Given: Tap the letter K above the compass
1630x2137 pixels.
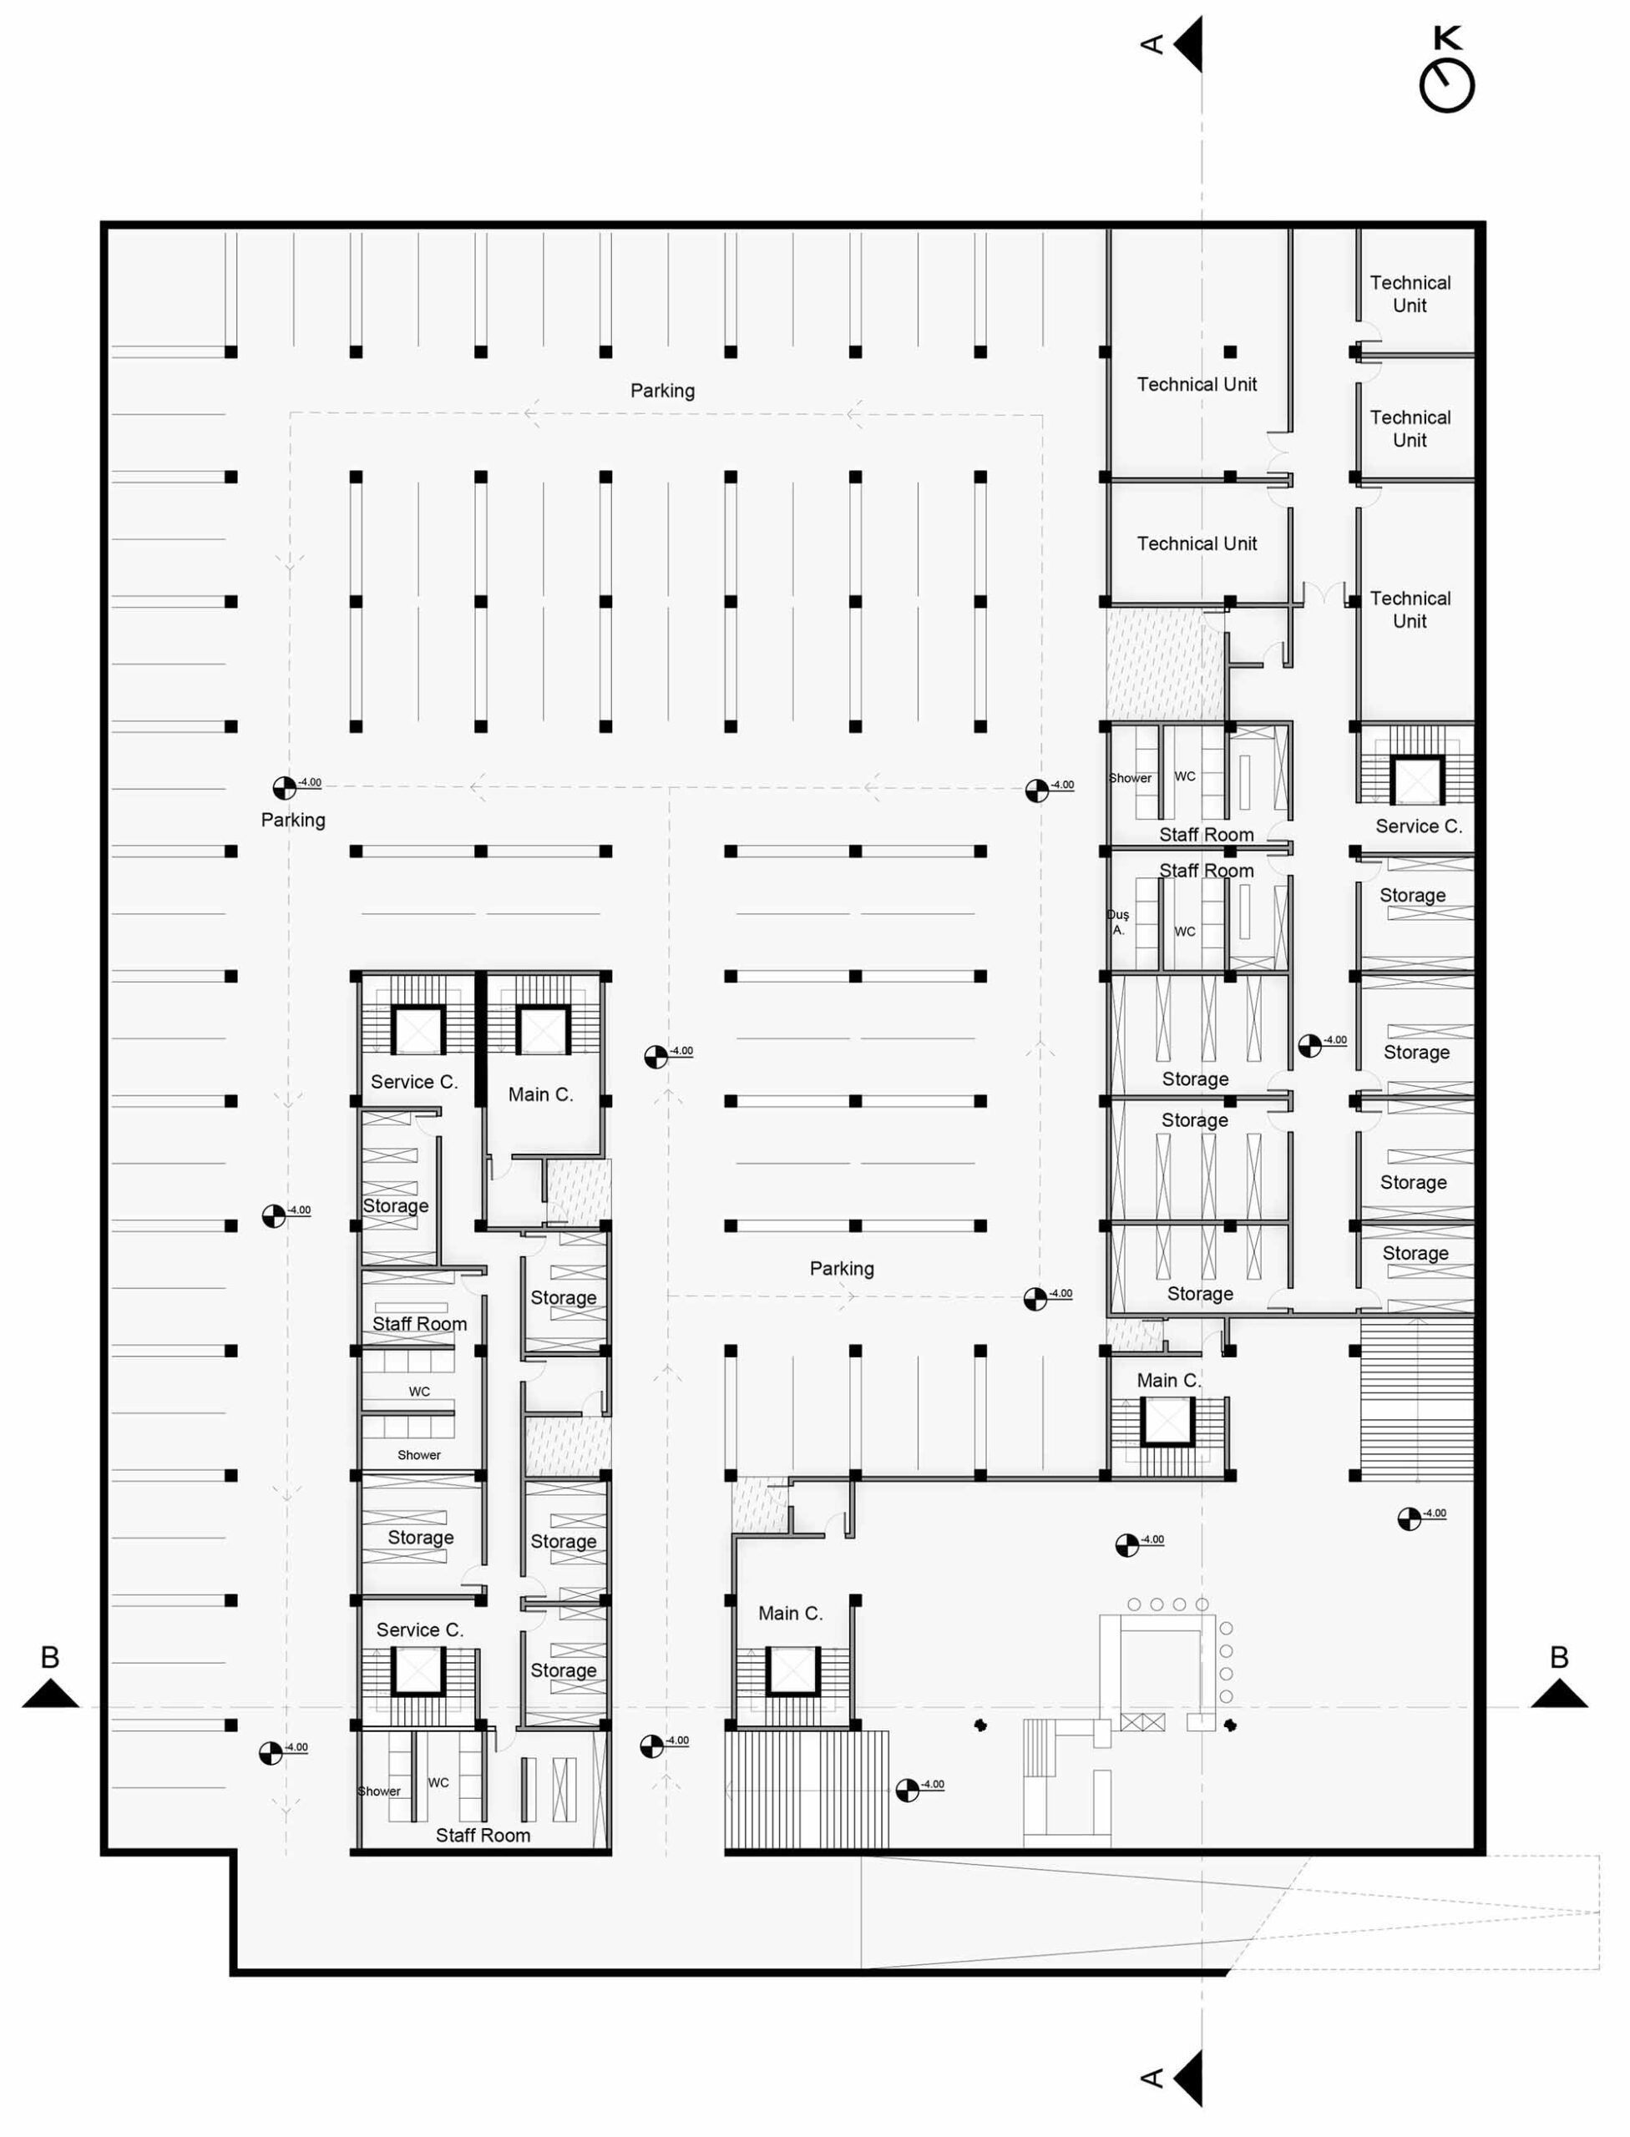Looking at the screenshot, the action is coord(1448,38).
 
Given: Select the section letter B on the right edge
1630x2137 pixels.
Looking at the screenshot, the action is coord(1558,1657).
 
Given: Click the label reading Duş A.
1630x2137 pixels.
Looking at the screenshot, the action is coord(1118,922).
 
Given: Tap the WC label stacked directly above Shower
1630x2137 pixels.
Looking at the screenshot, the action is coord(419,1391).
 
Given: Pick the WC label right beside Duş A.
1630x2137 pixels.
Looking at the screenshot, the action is coord(1185,932).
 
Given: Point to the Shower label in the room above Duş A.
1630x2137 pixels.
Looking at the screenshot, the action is coord(1131,778).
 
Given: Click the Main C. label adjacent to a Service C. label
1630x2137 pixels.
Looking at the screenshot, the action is coord(540,1094).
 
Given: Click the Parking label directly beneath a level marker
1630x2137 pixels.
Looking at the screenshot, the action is coord(293,820).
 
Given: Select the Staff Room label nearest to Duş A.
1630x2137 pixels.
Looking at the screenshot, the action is coord(1206,870).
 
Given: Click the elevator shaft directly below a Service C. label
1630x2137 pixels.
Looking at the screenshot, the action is coord(418,1670).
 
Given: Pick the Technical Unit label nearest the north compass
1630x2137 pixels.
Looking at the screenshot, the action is coord(1410,294).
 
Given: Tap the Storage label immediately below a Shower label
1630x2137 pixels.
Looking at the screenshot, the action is coord(420,1537).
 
